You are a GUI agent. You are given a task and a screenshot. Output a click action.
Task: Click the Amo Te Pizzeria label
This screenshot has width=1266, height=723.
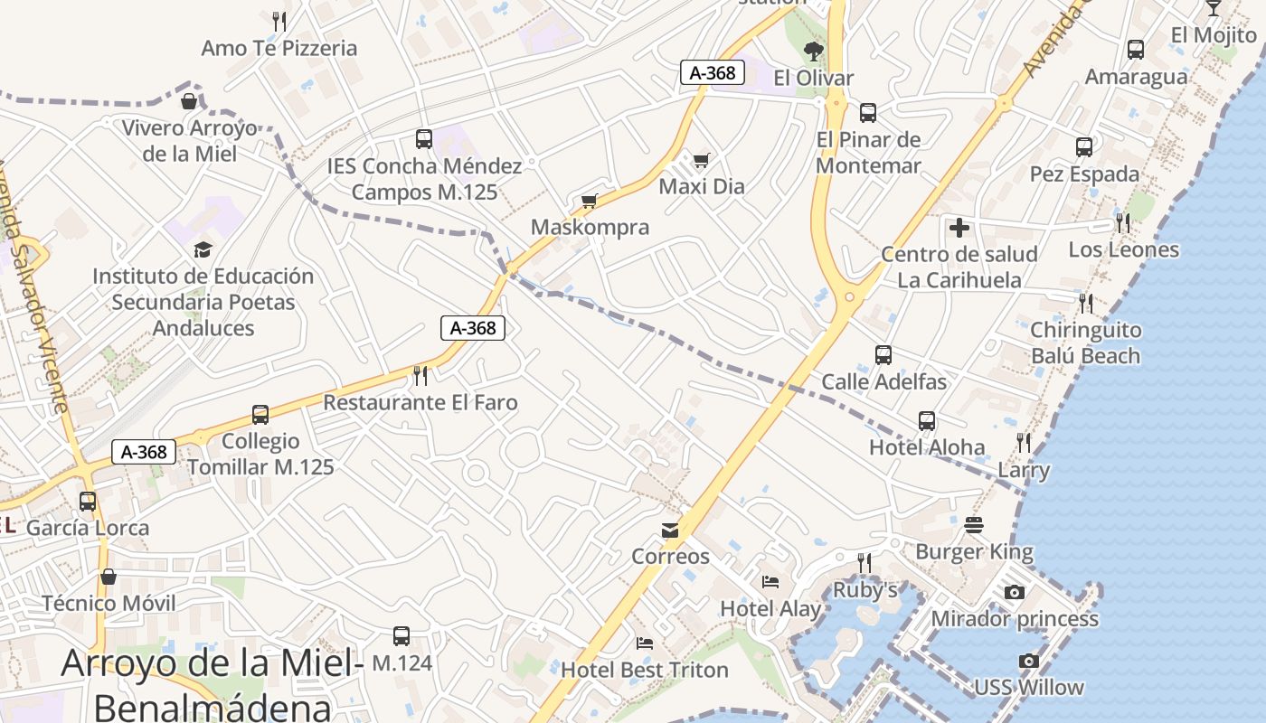pyautogui.click(x=279, y=48)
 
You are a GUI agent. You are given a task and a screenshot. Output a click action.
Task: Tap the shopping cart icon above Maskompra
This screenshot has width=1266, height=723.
pyautogui.click(x=590, y=201)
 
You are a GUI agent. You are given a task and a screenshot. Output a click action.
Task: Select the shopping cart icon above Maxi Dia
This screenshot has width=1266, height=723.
pyautogui.click(x=701, y=161)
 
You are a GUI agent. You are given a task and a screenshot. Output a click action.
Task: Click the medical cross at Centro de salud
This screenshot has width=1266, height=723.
pyautogui.click(x=959, y=228)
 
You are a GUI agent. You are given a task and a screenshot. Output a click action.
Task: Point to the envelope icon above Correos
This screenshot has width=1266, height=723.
pyautogui.click(x=670, y=530)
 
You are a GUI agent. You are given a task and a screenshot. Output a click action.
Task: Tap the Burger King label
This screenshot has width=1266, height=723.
pyautogui.click(x=974, y=551)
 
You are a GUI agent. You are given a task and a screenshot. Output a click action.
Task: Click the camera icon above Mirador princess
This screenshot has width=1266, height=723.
pyautogui.click(x=1015, y=592)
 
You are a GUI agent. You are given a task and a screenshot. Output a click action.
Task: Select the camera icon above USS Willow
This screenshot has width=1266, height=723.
pyautogui.click(x=1028, y=661)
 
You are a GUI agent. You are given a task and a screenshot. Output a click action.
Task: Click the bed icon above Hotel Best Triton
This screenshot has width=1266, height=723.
pyautogui.click(x=645, y=643)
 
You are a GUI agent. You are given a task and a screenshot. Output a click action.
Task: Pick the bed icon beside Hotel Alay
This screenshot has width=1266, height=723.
pyautogui.click(x=770, y=581)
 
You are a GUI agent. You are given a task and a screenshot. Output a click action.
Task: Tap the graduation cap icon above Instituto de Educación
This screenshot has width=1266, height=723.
pyautogui.click(x=203, y=249)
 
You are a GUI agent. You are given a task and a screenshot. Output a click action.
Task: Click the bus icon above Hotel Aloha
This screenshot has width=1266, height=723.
pyautogui.click(x=927, y=420)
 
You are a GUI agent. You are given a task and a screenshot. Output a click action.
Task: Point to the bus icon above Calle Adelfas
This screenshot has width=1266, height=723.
pyautogui.click(x=883, y=355)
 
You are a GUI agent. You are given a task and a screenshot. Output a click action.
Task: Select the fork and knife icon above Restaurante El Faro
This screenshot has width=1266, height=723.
pyautogui.click(x=420, y=375)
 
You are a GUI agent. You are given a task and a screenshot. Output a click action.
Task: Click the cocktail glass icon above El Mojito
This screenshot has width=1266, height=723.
pyautogui.click(x=1214, y=8)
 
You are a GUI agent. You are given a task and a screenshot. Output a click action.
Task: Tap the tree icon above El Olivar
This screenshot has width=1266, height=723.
pyautogui.click(x=814, y=51)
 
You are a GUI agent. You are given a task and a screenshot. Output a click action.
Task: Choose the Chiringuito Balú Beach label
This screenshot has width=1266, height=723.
pyautogui.click(x=1085, y=343)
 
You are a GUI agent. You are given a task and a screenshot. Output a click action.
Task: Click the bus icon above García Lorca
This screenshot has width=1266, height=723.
pyautogui.click(x=88, y=501)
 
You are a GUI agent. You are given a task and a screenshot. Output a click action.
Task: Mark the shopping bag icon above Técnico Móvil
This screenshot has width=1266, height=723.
pyautogui.click(x=109, y=577)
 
